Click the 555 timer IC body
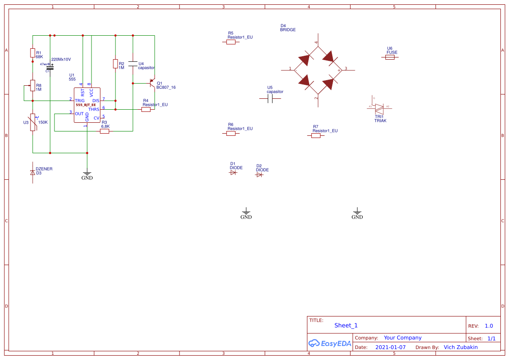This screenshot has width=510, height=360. click(87, 105)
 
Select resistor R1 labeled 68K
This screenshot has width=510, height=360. click(32, 53)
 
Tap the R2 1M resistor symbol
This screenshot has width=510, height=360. click(115, 64)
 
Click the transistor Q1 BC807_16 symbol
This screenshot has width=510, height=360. click(152, 83)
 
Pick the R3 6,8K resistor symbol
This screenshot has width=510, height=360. click(105, 131)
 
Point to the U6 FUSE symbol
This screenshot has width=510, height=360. click(390, 57)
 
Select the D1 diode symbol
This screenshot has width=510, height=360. click(233, 173)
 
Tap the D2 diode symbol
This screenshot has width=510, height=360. click(260, 175)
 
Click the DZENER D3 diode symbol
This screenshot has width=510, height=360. click(32, 172)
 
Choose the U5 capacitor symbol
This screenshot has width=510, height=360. click(270, 99)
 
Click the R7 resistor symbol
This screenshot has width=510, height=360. click(316, 135)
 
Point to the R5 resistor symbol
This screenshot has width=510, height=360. click(231, 42)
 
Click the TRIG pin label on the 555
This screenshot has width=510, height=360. click(80, 101)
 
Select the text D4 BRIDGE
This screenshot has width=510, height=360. click(287, 28)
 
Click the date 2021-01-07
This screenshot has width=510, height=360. click(390, 347)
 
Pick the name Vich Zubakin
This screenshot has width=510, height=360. click(460, 347)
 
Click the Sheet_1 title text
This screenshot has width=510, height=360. click(346, 326)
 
